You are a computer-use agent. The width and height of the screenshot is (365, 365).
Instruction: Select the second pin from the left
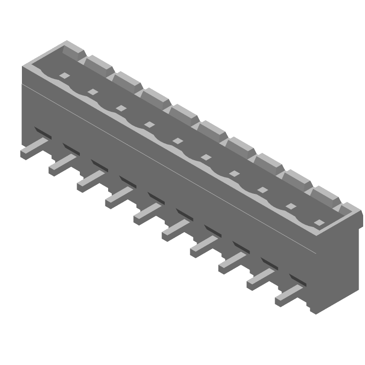pos(62,165)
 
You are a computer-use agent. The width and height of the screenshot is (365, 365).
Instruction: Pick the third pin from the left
pos(90,181)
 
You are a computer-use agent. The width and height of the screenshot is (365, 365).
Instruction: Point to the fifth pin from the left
pos(147,214)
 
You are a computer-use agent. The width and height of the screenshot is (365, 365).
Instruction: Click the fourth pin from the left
pos(119,198)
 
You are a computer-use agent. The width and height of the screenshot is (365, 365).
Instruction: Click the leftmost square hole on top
pos(65,76)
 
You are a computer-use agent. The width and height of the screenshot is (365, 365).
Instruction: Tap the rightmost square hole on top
pos(319,223)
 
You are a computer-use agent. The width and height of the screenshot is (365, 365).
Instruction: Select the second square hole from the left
pos(93,92)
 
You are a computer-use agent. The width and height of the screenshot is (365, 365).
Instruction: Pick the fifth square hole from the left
pos(178,141)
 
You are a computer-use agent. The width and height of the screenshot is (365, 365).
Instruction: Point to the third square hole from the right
pos(263,190)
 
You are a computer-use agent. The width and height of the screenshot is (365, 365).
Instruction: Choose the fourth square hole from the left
pos(150,125)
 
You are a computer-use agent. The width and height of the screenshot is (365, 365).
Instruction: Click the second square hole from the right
pos(291,207)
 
